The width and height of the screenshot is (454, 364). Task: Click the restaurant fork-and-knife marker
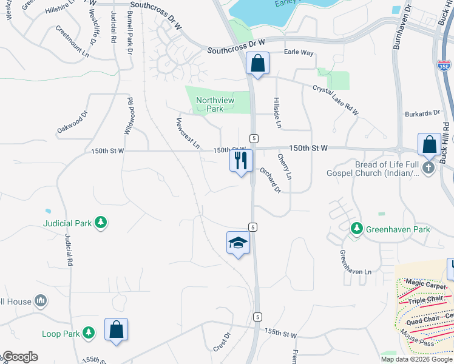tap(241, 161)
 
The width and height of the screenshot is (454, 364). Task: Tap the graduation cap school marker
tap(238, 243)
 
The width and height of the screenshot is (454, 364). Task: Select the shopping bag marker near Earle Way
tap(258, 63)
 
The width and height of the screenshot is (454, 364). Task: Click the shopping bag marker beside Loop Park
tap(116, 329)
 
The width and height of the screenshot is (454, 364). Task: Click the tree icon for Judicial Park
tap(101, 223)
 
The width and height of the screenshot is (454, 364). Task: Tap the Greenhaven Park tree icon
tap(357, 229)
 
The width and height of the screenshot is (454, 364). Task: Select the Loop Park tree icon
tap(89, 333)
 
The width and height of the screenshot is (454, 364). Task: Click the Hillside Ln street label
tap(277, 113)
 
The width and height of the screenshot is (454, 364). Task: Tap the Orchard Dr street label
tap(271, 180)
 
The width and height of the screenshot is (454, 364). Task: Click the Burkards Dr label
tap(422, 113)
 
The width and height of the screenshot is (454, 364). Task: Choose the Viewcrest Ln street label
tap(188, 133)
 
